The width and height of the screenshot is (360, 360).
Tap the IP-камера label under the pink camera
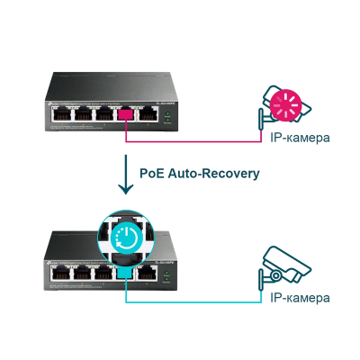pos(299,138)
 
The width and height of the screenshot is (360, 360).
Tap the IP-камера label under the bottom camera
pos(299,297)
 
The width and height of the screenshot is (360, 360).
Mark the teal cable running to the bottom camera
pos(198,295)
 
